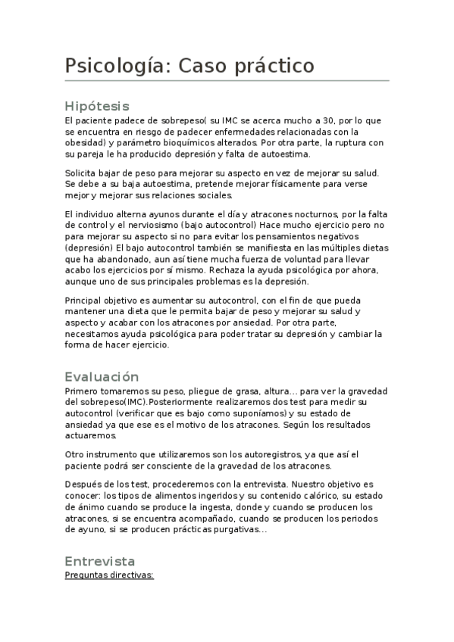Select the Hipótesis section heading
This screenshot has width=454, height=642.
(x=97, y=106)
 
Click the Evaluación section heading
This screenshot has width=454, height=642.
(x=102, y=376)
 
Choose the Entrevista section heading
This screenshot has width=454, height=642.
(x=100, y=561)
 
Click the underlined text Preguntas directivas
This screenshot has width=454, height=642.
(x=109, y=575)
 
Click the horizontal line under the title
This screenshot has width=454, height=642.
(x=227, y=80)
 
